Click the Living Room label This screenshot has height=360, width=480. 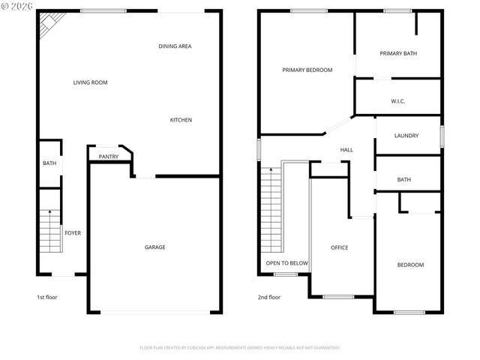pyautogui.click(x=90, y=82)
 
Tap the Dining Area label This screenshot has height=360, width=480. pyautogui.click(x=175, y=46)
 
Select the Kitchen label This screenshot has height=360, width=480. pyautogui.click(x=181, y=120)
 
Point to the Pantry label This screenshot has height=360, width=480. pyautogui.click(x=109, y=157)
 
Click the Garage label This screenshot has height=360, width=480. pyautogui.click(x=155, y=247)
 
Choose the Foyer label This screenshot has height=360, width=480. pyautogui.click(x=72, y=233)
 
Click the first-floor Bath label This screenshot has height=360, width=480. pyautogui.click(x=49, y=163)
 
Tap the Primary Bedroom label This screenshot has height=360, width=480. pyautogui.click(x=307, y=70)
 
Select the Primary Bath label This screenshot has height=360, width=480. pyautogui.click(x=398, y=53)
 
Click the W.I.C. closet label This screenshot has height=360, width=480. pyautogui.click(x=398, y=100)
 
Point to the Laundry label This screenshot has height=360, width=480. pyautogui.click(x=406, y=136)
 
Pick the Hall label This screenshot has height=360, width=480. pyautogui.click(x=346, y=150)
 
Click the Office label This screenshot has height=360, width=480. pyautogui.click(x=340, y=247)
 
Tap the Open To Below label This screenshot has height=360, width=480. pyautogui.click(x=286, y=263)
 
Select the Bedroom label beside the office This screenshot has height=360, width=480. pyautogui.click(x=410, y=265)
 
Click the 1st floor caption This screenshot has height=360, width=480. pyautogui.click(x=47, y=298)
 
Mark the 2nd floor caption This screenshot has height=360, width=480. pyautogui.click(x=269, y=298)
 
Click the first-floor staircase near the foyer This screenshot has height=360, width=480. pyautogui.click(x=49, y=231)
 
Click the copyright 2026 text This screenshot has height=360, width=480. pyautogui.click(x=18, y=7)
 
